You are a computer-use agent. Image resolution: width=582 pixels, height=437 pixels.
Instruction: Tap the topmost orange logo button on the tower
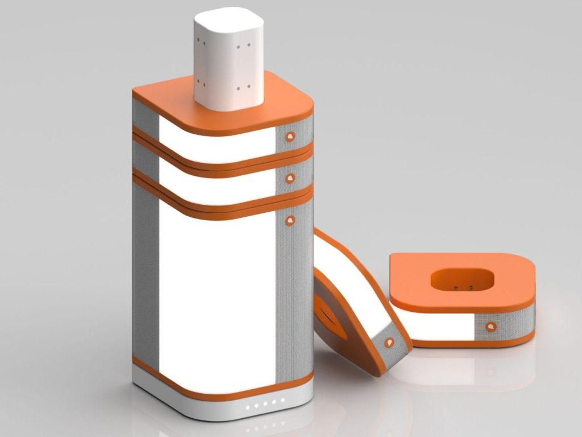(x=290, y=136)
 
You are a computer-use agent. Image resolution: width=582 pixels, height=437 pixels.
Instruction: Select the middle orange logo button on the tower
(x=290, y=178)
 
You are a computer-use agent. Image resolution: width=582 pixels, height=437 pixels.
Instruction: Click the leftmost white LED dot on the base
(x=247, y=407)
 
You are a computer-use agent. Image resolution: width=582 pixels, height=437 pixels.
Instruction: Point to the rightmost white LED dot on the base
(x=282, y=401)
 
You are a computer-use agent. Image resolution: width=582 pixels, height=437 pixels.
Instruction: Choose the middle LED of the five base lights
(x=265, y=405)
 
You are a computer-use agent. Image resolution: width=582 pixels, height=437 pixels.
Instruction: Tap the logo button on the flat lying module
(x=490, y=327)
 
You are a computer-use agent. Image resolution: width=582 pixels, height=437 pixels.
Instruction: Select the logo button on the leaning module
(x=389, y=342)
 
